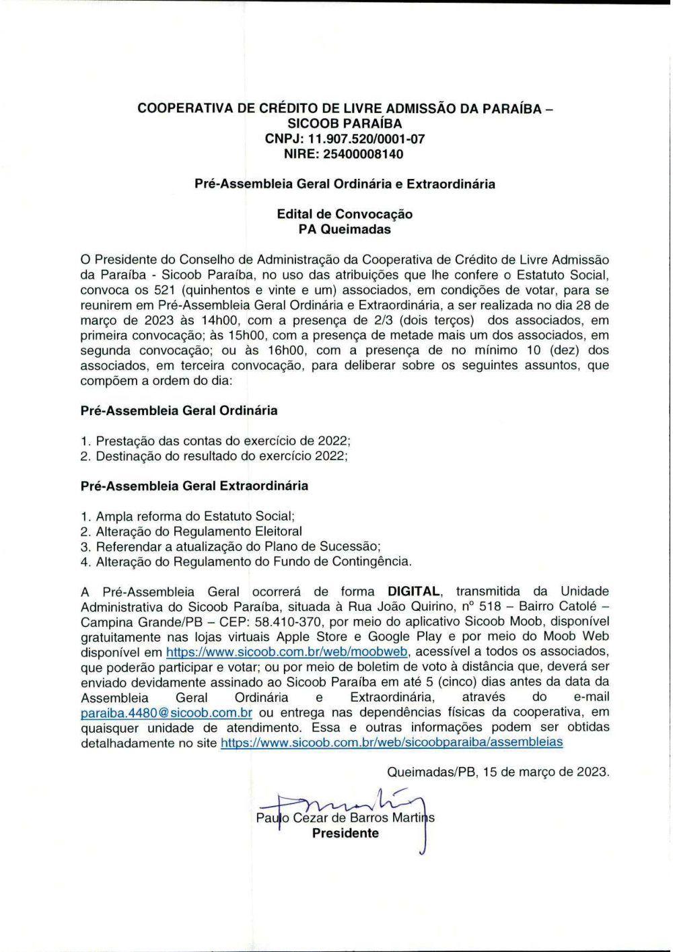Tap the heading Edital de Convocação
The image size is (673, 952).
click(345, 214)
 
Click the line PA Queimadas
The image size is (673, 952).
click(345, 229)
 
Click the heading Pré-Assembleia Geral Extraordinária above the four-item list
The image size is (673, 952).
click(194, 486)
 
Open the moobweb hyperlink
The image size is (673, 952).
click(287, 652)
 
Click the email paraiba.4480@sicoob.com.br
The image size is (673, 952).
click(166, 712)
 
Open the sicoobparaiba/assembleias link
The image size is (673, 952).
click(392, 743)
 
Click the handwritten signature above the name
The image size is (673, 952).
click(350, 802)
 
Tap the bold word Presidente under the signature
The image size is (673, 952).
click(345, 834)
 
